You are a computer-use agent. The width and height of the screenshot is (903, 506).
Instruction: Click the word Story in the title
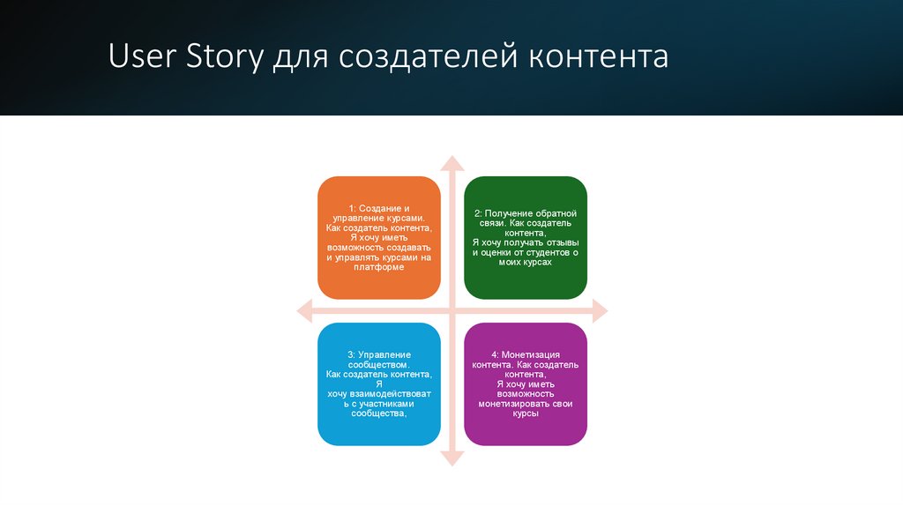tap(224, 57)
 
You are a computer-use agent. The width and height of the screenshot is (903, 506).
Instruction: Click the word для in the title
tap(299, 57)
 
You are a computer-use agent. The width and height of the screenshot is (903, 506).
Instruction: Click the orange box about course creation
tap(378, 237)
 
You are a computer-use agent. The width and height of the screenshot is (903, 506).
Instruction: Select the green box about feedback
tap(526, 237)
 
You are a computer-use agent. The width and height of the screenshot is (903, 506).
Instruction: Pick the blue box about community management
tap(378, 383)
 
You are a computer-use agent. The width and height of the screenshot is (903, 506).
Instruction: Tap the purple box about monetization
tap(526, 383)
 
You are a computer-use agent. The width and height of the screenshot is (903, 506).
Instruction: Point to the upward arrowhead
tap(451, 163)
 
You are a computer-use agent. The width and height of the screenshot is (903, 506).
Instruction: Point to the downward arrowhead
tap(451, 458)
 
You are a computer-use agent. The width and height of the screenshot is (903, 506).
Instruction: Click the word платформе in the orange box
tap(378, 267)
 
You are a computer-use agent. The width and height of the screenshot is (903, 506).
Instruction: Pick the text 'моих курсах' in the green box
tap(526, 262)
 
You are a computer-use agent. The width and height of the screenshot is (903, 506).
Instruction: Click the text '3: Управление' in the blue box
tap(378, 354)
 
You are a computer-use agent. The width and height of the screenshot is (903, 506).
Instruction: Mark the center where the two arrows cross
tap(451, 310)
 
